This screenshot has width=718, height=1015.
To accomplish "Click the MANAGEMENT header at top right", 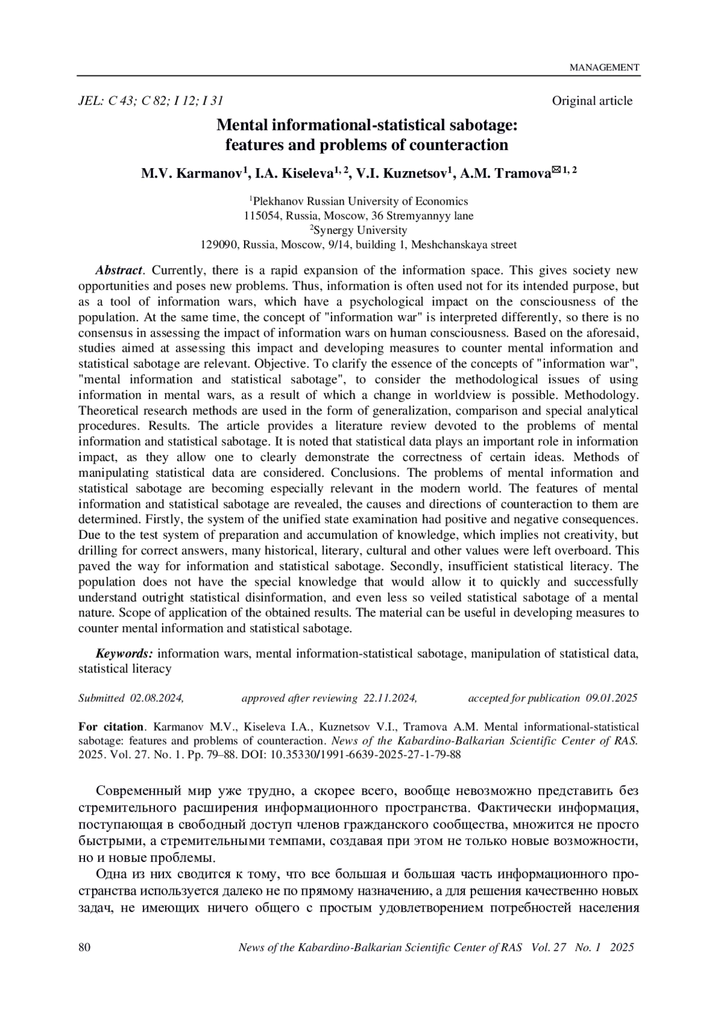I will (x=604, y=68).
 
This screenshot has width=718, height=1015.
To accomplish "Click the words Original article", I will (x=592, y=101).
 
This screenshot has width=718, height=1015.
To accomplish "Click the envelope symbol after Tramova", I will (x=556, y=171).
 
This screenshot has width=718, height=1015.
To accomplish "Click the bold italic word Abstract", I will (x=119, y=270).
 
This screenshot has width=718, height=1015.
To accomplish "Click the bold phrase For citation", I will (x=111, y=727).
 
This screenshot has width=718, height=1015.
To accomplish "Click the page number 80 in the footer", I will (x=84, y=947).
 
